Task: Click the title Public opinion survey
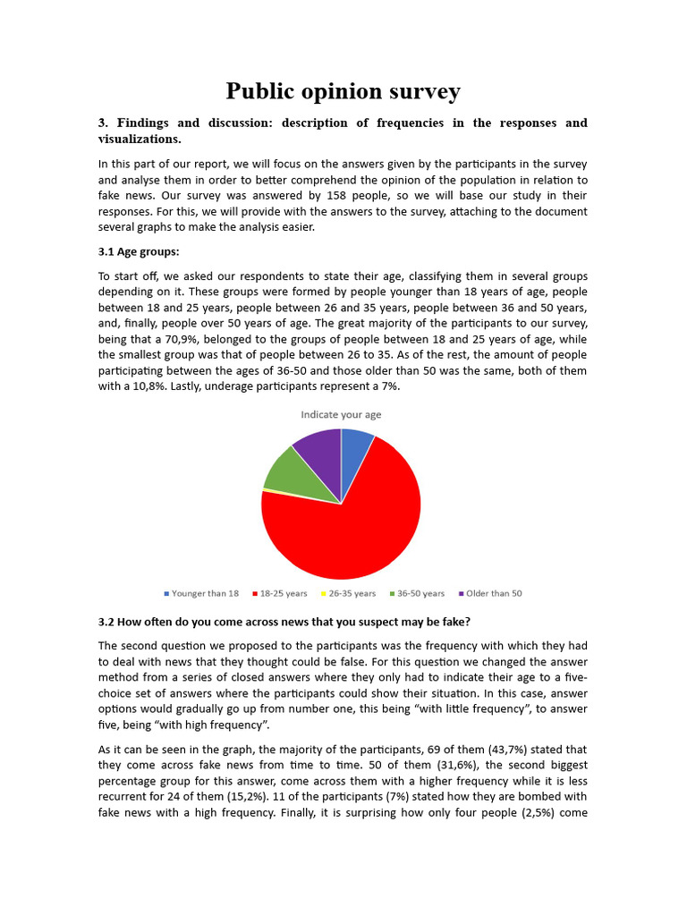[343, 91]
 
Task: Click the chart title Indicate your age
[341, 414]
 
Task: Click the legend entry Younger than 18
[201, 593]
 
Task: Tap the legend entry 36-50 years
[417, 593]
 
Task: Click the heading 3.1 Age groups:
[139, 251]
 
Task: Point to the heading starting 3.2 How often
[284, 622]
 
